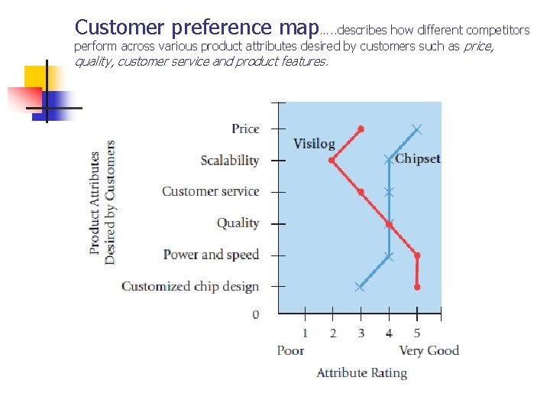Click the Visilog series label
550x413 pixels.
314,144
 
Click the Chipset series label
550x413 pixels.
418,159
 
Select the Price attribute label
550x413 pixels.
245,128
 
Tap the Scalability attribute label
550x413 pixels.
229,161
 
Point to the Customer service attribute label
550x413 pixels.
210,191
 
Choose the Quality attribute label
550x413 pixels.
238,223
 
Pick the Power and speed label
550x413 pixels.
212,255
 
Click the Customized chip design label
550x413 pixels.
190,286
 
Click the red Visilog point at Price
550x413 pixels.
361,128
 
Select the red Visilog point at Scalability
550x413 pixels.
332,161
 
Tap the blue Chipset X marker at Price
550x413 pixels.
416,128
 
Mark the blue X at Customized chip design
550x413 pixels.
360,287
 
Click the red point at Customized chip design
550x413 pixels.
417,287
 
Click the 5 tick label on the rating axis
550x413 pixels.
417,333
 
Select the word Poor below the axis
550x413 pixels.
290,350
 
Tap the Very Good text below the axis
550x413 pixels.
429,350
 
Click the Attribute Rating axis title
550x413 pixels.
361,373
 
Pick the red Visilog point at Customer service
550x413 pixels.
361,192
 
